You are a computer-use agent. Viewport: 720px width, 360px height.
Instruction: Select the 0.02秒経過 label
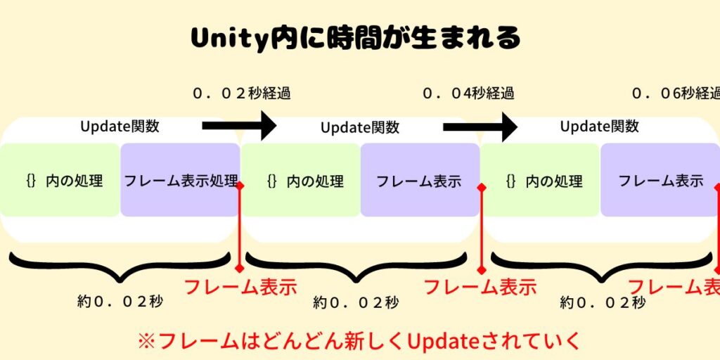(241, 94)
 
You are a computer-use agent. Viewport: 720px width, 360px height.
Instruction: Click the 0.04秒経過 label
(468, 94)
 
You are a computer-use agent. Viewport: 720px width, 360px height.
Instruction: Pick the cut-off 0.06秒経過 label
(676, 94)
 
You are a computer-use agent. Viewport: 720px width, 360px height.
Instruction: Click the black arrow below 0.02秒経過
(240, 127)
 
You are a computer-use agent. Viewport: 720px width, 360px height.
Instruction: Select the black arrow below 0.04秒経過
(481, 127)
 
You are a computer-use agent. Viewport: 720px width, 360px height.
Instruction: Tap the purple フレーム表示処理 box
(180, 180)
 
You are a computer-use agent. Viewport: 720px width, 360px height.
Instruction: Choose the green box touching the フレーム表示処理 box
(60, 180)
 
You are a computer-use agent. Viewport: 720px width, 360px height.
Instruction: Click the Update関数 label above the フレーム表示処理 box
(120, 127)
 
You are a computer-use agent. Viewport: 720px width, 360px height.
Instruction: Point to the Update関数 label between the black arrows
(360, 128)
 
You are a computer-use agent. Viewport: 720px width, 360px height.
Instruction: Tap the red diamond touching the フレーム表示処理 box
(240, 186)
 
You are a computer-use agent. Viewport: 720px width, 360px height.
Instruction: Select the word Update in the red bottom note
(444, 342)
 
